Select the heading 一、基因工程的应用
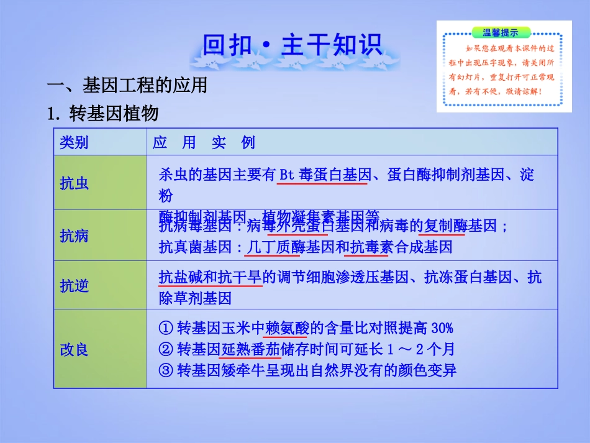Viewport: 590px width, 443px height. [x=127, y=85]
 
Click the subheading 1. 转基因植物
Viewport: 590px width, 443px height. [x=103, y=114]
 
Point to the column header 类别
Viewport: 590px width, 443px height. [x=74, y=143]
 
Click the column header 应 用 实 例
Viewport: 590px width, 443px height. [x=204, y=143]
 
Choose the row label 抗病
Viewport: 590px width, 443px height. [x=74, y=235]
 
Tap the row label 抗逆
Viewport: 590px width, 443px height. [x=74, y=285]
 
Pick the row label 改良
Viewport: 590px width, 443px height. [x=74, y=349]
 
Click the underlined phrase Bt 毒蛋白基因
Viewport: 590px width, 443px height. [x=325, y=175]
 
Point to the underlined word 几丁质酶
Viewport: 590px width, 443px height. [x=273, y=247]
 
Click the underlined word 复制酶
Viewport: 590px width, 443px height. [x=445, y=226]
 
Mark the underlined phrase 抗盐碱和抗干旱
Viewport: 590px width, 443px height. [x=210, y=277]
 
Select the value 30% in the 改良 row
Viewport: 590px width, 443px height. [x=442, y=327]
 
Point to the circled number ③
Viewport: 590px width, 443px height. [x=165, y=371]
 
